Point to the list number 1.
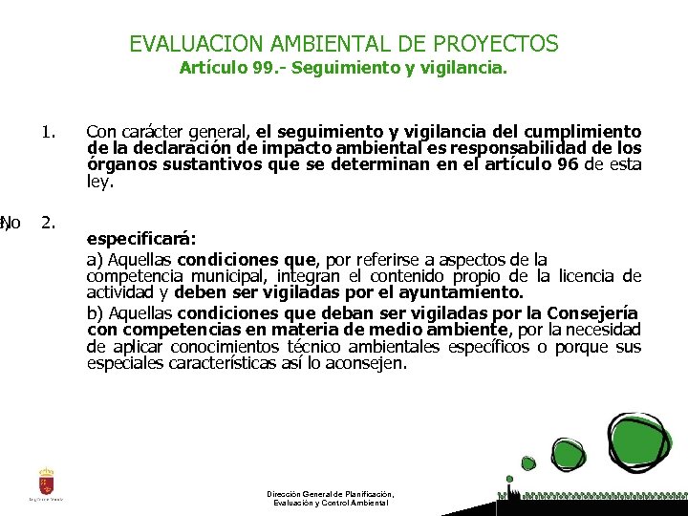click(x=50, y=131)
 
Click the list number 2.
click(x=49, y=223)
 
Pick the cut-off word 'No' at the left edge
click(x=11, y=224)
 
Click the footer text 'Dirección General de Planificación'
click(x=331, y=494)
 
